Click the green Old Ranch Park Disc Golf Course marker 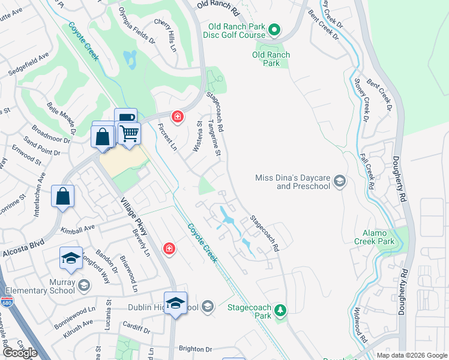pyautogui.click(x=274, y=29)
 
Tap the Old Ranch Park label pyautogui.click(x=271, y=59)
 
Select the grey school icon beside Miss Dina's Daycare pyautogui.click(x=340, y=181)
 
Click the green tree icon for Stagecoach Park pyautogui.click(x=280, y=310)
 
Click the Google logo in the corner pyautogui.click(x=20, y=352)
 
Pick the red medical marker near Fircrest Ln pyautogui.click(x=177, y=116)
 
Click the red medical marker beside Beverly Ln pyautogui.click(x=169, y=248)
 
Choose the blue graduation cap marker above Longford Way pyautogui.click(x=71, y=259)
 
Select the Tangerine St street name pyautogui.click(x=214, y=138)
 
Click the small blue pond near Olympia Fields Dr pyautogui.click(x=130, y=59)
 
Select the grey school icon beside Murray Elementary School pyautogui.click(x=83, y=284)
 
